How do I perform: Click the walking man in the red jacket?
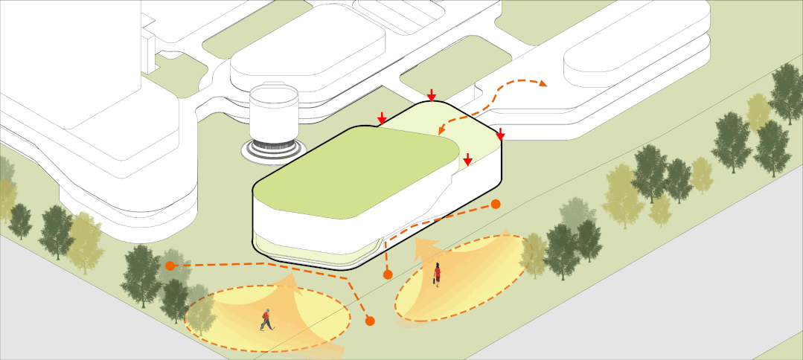point(266,319)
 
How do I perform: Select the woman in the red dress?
point(438,274)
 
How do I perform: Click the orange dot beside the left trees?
point(170,265)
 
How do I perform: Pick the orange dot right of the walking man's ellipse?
point(370,321)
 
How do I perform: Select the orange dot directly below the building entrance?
point(388,275)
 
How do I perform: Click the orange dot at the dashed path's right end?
point(496,204)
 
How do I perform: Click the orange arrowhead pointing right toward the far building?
point(543,84)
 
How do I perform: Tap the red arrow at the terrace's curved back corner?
point(432,95)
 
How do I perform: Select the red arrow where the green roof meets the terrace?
point(382,118)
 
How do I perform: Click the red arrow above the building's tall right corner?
point(501,135)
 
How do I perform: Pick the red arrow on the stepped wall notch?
point(467,159)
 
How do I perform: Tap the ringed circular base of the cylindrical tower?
point(272,150)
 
